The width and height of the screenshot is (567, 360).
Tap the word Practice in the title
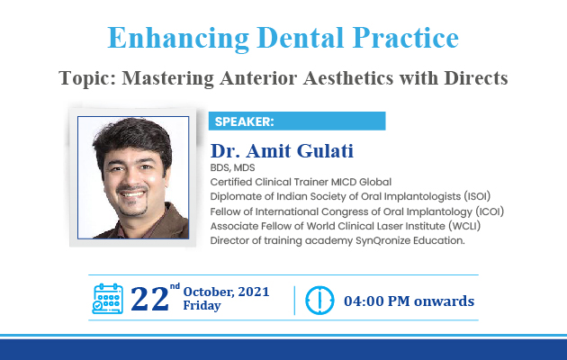(406, 38)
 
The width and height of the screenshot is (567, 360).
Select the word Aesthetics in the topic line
(348, 77)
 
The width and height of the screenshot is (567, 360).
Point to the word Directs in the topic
(476, 77)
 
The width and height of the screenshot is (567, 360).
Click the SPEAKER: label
(245, 121)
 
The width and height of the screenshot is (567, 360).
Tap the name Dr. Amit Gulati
(282, 150)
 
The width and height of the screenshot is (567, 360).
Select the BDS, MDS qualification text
(232, 167)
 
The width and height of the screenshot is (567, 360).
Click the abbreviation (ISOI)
(477, 196)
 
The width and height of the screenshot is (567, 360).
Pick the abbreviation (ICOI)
(490, 211)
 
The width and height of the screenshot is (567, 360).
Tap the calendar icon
(108, 299)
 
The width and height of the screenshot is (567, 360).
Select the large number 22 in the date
(149, 299)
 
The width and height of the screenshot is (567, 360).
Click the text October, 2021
(227, 292)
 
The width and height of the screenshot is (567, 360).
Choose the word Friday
(202, 305)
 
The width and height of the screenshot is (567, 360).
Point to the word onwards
(444, 301)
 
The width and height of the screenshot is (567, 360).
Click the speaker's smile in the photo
(132, 194)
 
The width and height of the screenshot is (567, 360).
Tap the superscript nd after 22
(175, 286)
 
